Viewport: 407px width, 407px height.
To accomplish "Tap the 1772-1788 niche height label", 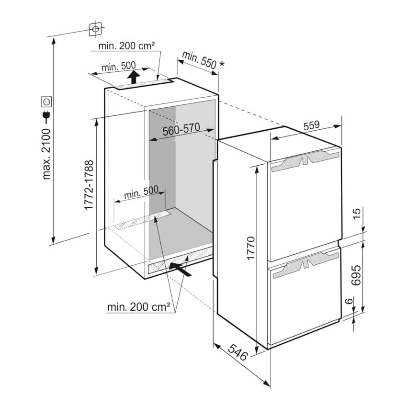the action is coord(89,185).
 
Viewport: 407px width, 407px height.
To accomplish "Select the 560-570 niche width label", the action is coord(181,129).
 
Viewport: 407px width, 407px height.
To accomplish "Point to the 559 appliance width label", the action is coord(312,125).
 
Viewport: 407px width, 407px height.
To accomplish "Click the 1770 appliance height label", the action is coord(251,248).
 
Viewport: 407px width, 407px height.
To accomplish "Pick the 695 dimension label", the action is coord(356,275).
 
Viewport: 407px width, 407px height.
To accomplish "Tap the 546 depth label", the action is coord(238,352).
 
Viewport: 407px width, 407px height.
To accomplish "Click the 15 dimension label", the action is coord(357,214).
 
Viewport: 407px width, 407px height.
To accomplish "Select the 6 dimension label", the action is coord(349,301).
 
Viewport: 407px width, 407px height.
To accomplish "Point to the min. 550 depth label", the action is coord(199,60).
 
